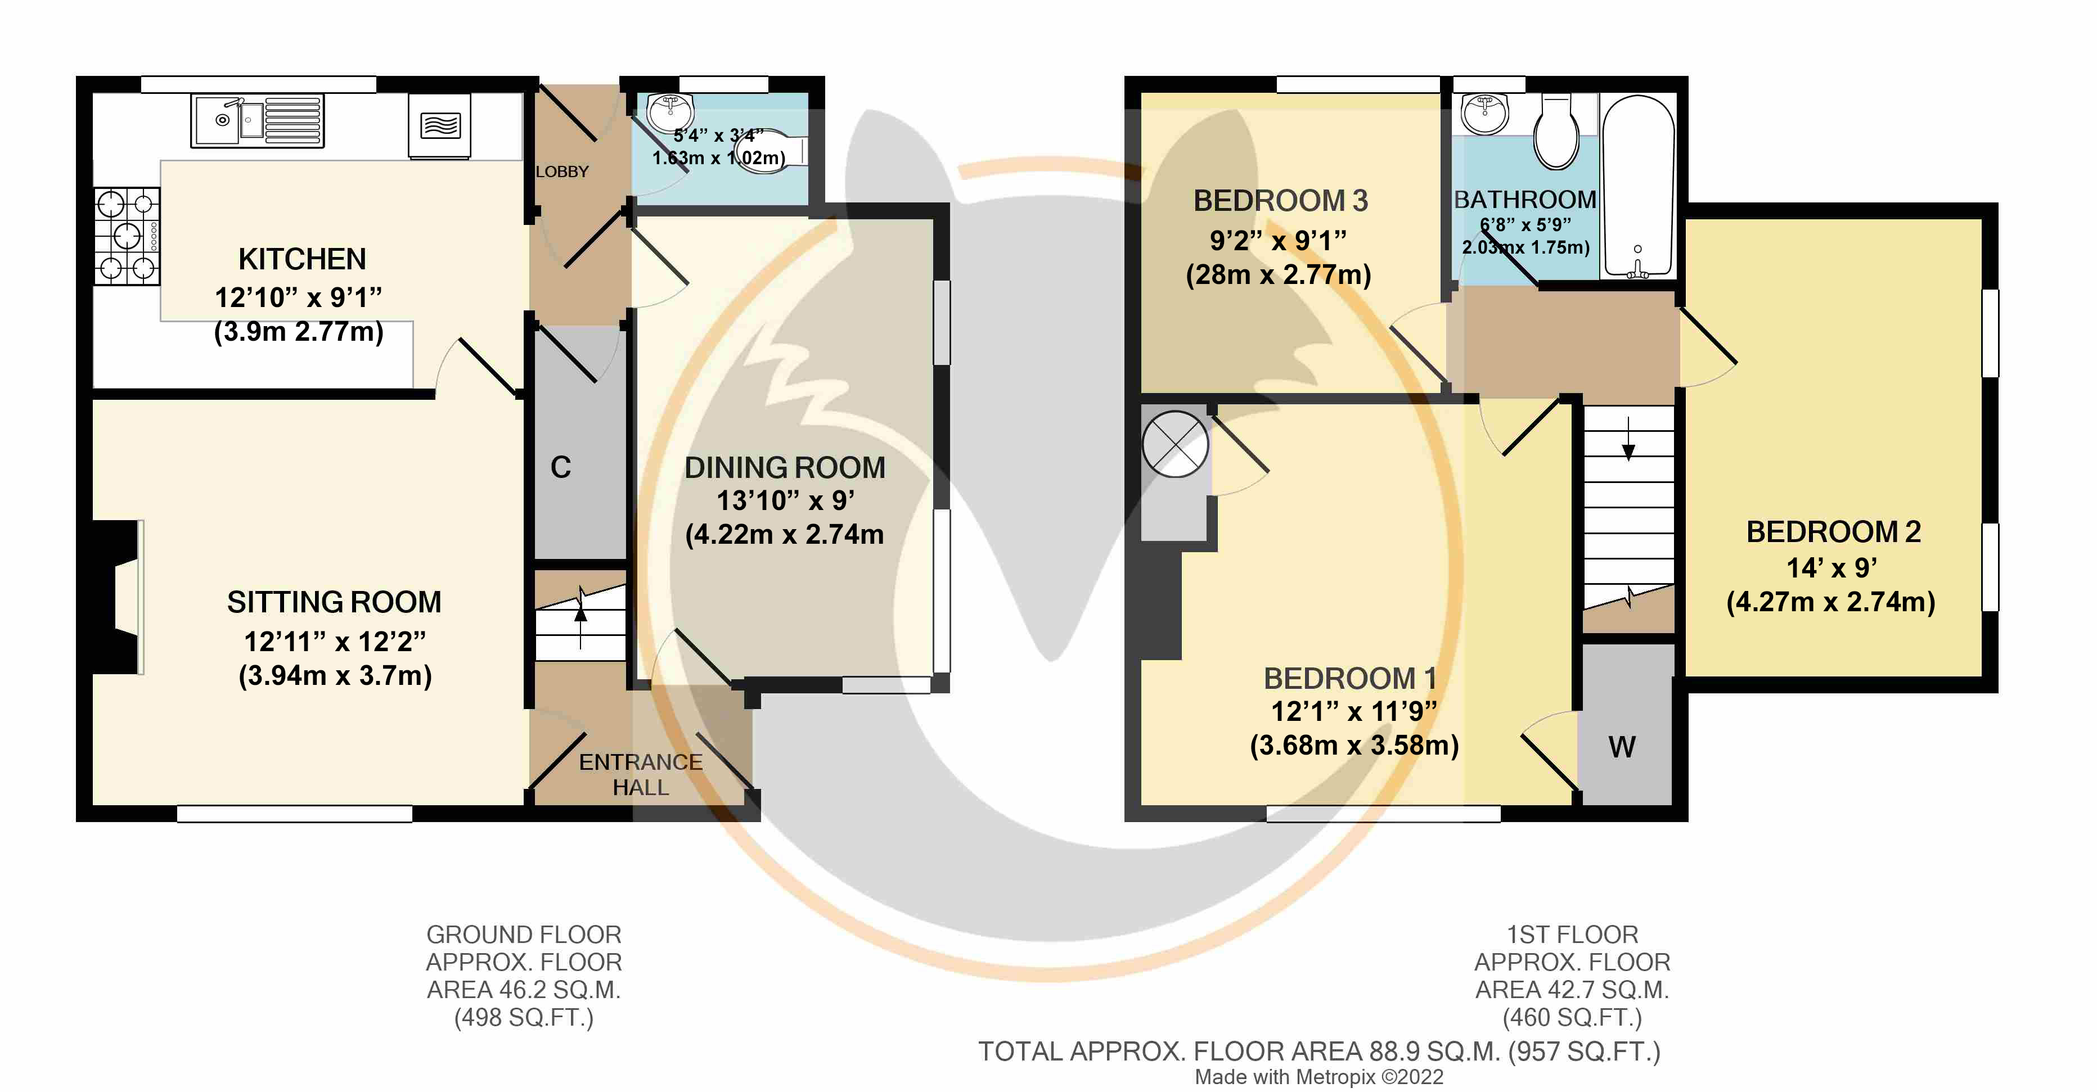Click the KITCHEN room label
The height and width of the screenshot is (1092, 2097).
[x=302, y=259]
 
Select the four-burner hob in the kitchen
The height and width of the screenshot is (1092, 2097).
[x=127, y=236]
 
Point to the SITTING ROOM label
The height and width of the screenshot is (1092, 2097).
[x=334, y=602]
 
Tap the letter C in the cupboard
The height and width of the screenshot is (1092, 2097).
[x=561, y=467]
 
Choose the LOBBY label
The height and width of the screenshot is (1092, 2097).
[x=562, y=172]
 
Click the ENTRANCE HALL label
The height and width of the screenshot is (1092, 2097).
[x=641, y=775]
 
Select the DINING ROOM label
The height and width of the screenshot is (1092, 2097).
[x=785, y=467]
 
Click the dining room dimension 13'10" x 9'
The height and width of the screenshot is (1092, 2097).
[x=785, y=500]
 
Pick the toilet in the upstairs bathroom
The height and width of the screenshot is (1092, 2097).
[x=1556, y=130]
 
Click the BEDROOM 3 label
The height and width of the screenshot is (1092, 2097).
[x=1280, y=200]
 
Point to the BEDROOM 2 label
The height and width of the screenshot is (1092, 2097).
[x=1833, y=531]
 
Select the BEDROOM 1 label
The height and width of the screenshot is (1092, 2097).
[x=1351, y=678]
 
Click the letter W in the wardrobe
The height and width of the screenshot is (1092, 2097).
[x=1622, y=747]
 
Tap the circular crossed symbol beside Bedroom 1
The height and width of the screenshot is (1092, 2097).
[x=1176, y=444]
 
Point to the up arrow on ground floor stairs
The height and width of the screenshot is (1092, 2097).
[x=580, y=617]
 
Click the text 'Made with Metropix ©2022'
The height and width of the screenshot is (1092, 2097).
[x=1318, y=1077]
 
